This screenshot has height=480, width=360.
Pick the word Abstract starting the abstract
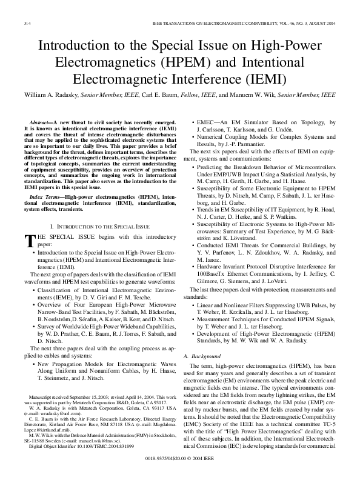pyautogui.click(x=40, y=123)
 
